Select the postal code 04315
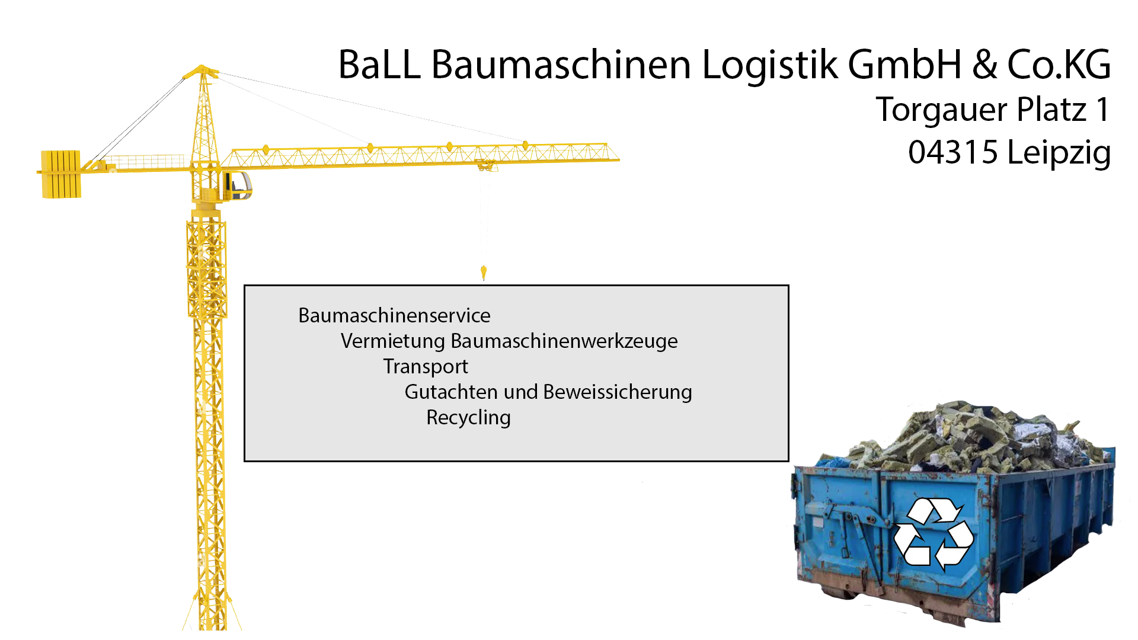point(953,152)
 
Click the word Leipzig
point(1059,153)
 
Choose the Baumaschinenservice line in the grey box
point(394,315)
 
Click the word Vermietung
point(392,341)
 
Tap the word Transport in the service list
point(425,367)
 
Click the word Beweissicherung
point(617,392)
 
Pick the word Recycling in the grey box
point(468,418)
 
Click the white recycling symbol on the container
point(932,533)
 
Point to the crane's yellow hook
point(484,273)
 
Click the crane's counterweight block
point(60,174)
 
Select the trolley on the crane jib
point(485,165)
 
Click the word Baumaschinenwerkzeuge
point(564,341)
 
